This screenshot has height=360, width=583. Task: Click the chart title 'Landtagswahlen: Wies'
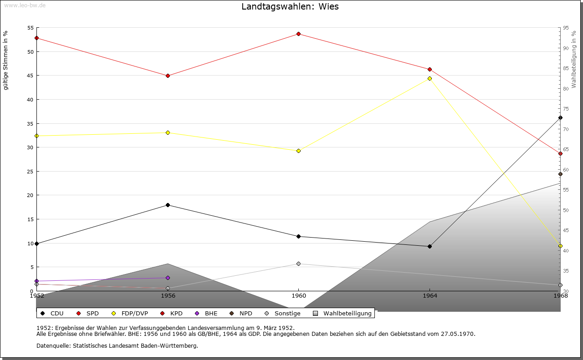(x=290, y=7)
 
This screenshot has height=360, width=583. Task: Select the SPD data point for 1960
(x=298, y=34)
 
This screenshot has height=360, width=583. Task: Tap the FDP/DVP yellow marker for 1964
(x=430, y=78)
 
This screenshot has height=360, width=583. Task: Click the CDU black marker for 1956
(x=168, y=205)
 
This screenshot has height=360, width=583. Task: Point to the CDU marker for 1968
(x=560, y=117)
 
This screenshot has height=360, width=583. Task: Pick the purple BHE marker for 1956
(x=168, y=278)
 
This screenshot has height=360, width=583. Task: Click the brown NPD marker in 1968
(x=560, y=174)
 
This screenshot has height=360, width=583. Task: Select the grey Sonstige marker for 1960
(x=298, y=264)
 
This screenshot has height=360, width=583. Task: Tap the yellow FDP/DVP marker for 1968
(x=560, y=246)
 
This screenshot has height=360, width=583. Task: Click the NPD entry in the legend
(x=241, y=313)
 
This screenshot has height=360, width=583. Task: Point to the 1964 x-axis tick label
(x=430, y=295)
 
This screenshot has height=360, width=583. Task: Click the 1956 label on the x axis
(x=168, y=295)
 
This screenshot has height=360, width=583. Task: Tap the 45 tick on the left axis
(x=31, y=76)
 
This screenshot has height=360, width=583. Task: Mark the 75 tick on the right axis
(x=566, y=109)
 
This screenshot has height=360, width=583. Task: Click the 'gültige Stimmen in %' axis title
(x=6, y=60)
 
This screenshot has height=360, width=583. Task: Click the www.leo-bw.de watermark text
(x=25, y=5)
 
